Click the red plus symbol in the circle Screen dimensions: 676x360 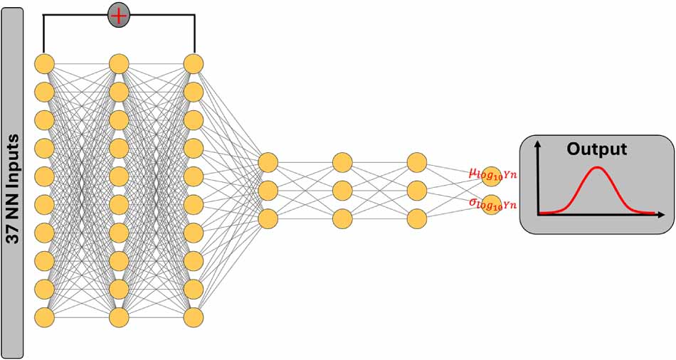(x=119, y=16)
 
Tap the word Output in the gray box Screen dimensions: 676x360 (x=597, y=149)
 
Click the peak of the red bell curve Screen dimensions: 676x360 (x=597, y=168)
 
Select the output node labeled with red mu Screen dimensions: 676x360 (x=492, y=176)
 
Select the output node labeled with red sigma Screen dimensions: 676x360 (x=492, y=205)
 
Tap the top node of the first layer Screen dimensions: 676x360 (x=44, y=64)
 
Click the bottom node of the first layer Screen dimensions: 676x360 (x=44, y=318)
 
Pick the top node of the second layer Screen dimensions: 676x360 (x=119, y=64)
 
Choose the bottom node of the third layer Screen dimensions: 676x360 (x=193, y=318)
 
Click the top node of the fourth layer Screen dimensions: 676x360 (x=268, y=162)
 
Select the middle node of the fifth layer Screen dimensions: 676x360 (x=342, y=191)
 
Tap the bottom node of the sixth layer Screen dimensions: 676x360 (x=417, y=218)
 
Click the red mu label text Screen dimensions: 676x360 (x=492, y=174)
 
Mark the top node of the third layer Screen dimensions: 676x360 (x=193, y=64)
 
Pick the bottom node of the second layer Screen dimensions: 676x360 (x=119, y=318)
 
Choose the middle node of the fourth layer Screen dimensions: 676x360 (x=268, y=191)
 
